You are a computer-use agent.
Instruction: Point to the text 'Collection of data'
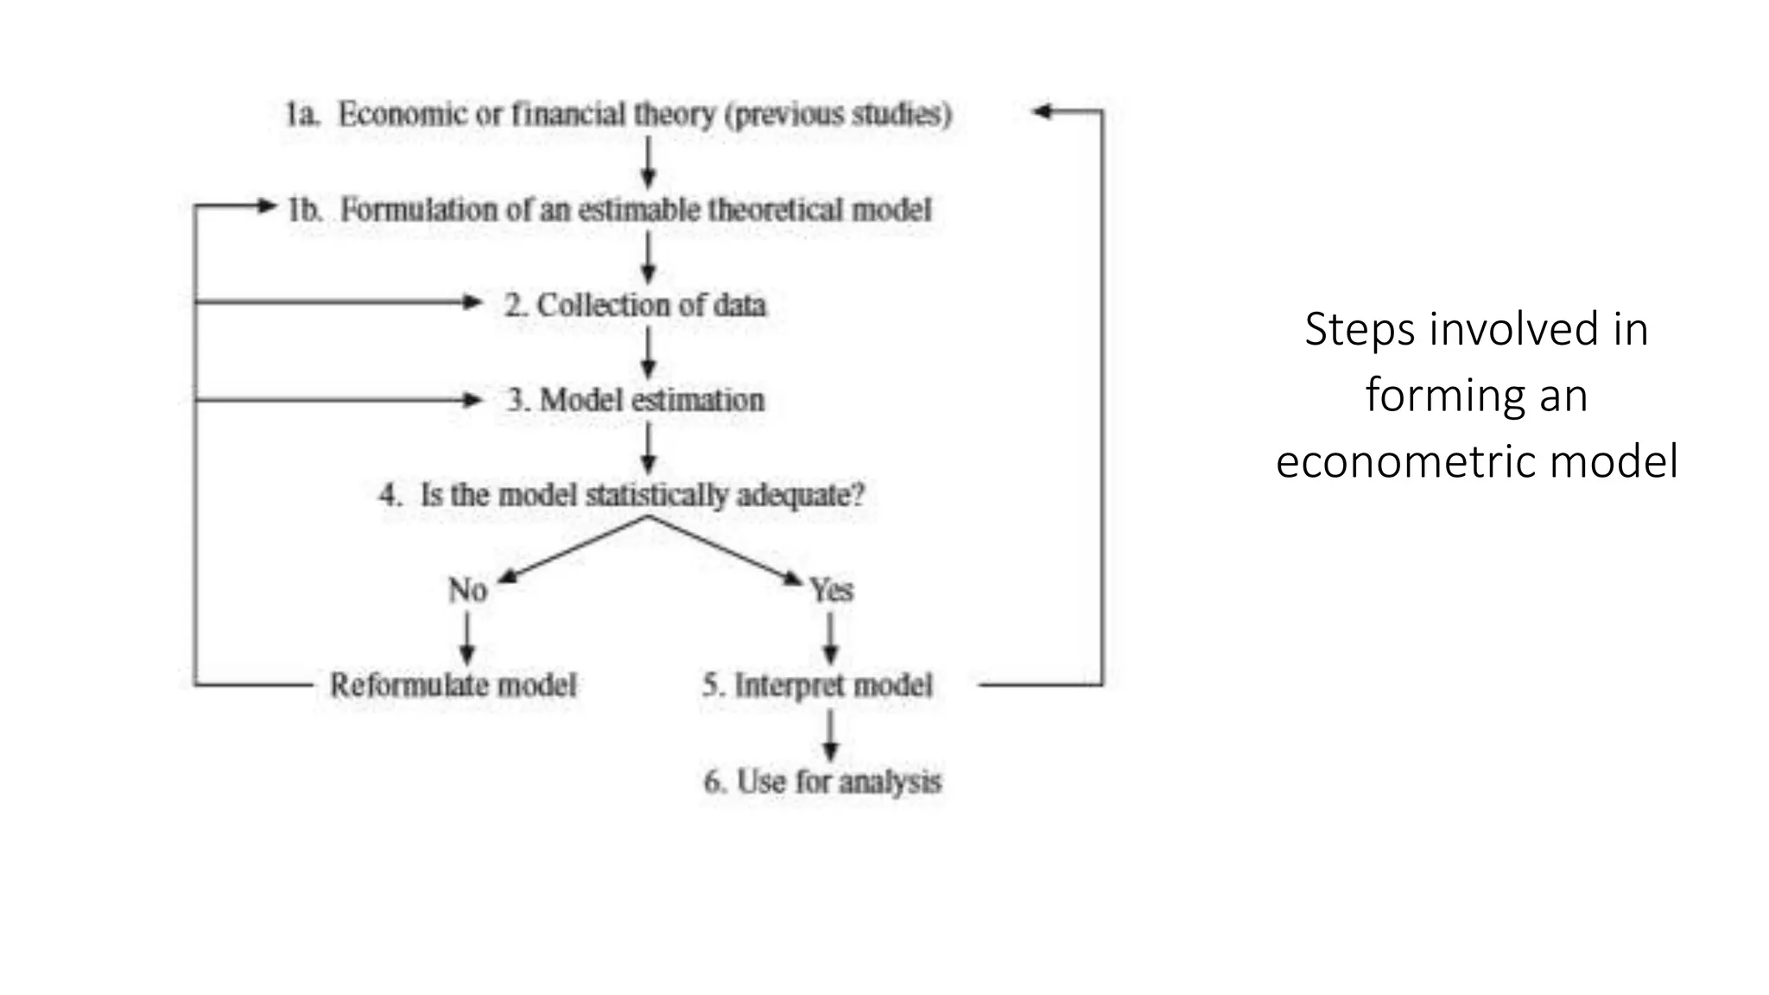point(651,305)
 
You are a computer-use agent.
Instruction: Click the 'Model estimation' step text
point(652,400)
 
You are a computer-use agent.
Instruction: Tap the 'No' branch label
point(467,591)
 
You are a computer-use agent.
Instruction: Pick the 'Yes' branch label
point(831,591)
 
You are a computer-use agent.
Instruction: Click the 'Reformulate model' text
point(453,686)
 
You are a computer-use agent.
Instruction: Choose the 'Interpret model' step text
point(833,686)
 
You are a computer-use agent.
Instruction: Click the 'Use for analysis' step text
point(838,782)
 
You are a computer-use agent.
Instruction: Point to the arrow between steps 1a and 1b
point(649,162)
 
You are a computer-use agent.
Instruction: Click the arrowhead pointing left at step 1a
point(1043,111)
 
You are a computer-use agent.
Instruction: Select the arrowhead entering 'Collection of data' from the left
point(472,302)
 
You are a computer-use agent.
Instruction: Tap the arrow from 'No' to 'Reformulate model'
point(467,638)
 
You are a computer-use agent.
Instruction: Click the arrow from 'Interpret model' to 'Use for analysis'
point(831,735)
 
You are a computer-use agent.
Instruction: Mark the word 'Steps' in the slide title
point(1360,330)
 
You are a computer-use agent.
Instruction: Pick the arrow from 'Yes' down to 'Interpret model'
point(831,638)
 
